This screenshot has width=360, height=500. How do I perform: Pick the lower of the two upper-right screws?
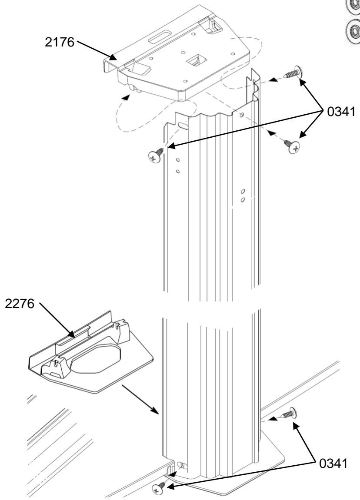coord(292,145)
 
